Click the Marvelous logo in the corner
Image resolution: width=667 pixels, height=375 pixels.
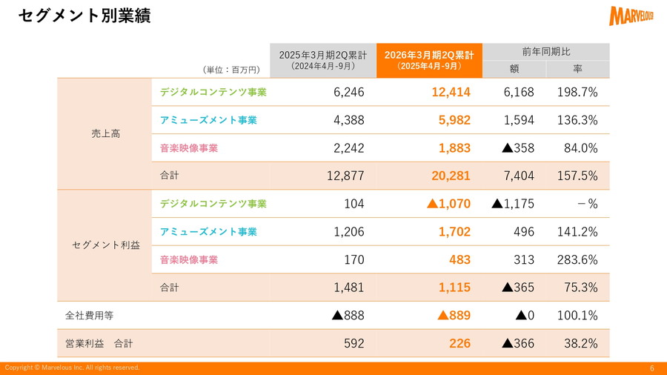631,16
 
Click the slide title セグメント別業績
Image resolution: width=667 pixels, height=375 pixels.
84,16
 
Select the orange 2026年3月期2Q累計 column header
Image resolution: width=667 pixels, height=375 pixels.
429,60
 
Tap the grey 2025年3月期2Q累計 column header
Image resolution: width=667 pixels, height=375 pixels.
322,60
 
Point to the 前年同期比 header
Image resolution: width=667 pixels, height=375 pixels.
546,52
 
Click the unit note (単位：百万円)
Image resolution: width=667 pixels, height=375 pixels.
230,70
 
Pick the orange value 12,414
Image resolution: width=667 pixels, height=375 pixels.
451,92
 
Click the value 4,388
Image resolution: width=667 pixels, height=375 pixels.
349,120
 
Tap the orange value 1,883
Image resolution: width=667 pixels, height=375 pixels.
454,148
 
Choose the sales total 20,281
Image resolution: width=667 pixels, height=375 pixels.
451,176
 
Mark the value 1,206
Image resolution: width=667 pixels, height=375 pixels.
349,232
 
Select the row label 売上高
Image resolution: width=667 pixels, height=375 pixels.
105,134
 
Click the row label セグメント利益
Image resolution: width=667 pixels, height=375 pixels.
105,245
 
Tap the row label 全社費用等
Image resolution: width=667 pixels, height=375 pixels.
90,316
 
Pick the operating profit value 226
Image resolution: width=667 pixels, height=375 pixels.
459,344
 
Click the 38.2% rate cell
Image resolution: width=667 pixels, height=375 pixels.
580,344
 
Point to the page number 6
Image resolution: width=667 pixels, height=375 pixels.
652,368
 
